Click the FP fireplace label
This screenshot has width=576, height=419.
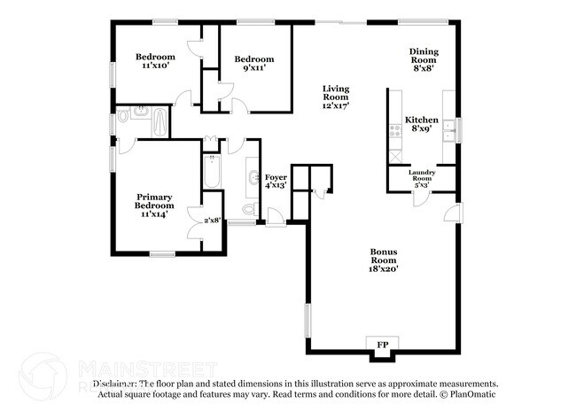384,344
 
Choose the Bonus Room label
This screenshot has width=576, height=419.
384,255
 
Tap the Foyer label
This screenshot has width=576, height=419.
276,178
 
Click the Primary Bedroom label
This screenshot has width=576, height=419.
153,201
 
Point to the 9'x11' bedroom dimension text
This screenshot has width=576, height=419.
249,69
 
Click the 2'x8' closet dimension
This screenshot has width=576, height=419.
212,220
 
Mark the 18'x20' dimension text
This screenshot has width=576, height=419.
384,268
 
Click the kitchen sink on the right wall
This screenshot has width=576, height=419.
449,130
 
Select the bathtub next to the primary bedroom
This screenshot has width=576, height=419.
212,173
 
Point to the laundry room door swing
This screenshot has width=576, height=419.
420,199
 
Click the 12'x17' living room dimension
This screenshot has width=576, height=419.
336,105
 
